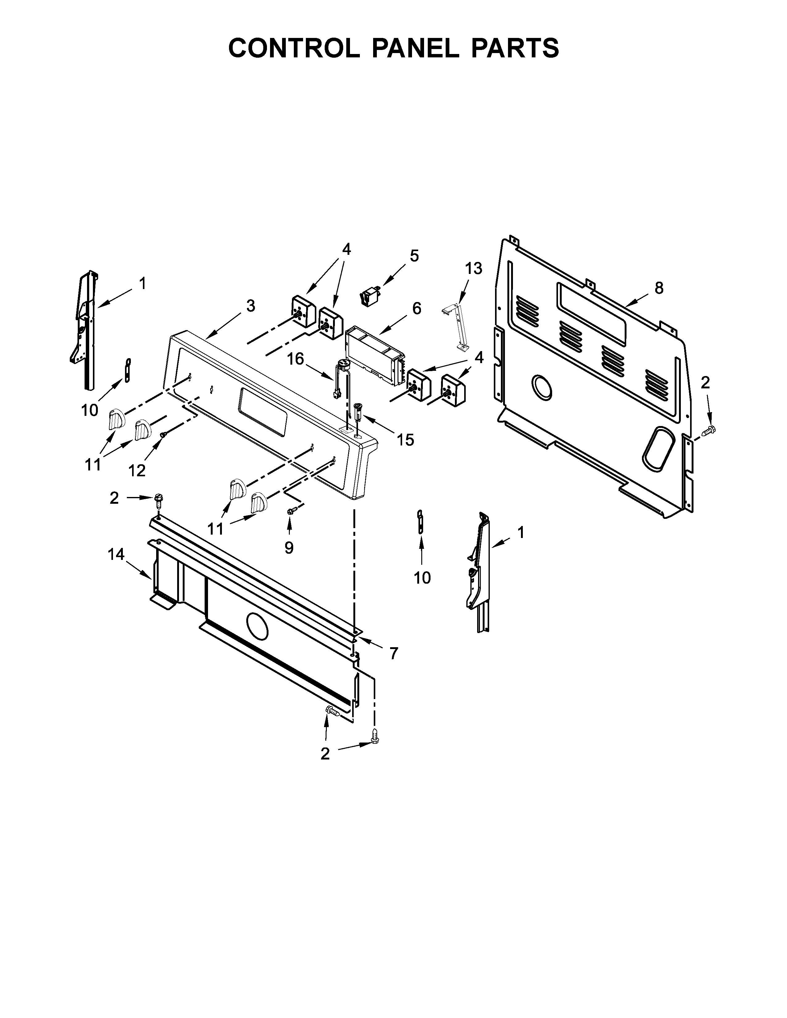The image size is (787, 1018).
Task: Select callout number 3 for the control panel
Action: (x=251, y=306)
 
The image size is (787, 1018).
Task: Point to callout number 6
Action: (x=416, y=308)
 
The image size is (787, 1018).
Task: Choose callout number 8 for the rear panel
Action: (x=658, y=288)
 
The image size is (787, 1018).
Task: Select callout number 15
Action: (x=406, y=440)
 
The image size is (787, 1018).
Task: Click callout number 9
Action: (x=289, y=548)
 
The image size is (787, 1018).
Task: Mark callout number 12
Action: (x=137, y=471)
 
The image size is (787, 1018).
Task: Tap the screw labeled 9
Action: (x=292, y=511)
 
